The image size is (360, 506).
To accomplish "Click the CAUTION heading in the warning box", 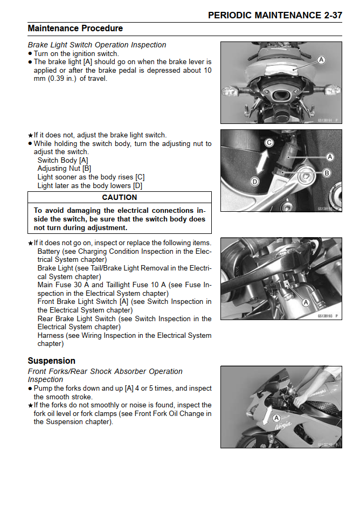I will [119, 197].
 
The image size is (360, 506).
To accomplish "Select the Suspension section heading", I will [51, 361].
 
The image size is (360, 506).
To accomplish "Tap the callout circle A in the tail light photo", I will [321, 60].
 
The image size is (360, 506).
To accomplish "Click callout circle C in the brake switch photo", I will [269, 142].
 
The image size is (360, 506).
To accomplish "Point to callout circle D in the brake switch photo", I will [255, 182].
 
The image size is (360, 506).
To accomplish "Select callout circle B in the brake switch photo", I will [327, 172].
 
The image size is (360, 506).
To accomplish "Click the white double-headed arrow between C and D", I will [262, 162].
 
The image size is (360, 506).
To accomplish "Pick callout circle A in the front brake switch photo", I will [306, 302].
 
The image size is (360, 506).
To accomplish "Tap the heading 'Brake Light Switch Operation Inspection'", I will [97, 45].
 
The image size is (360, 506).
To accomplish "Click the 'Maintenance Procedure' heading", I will [75, 28].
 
